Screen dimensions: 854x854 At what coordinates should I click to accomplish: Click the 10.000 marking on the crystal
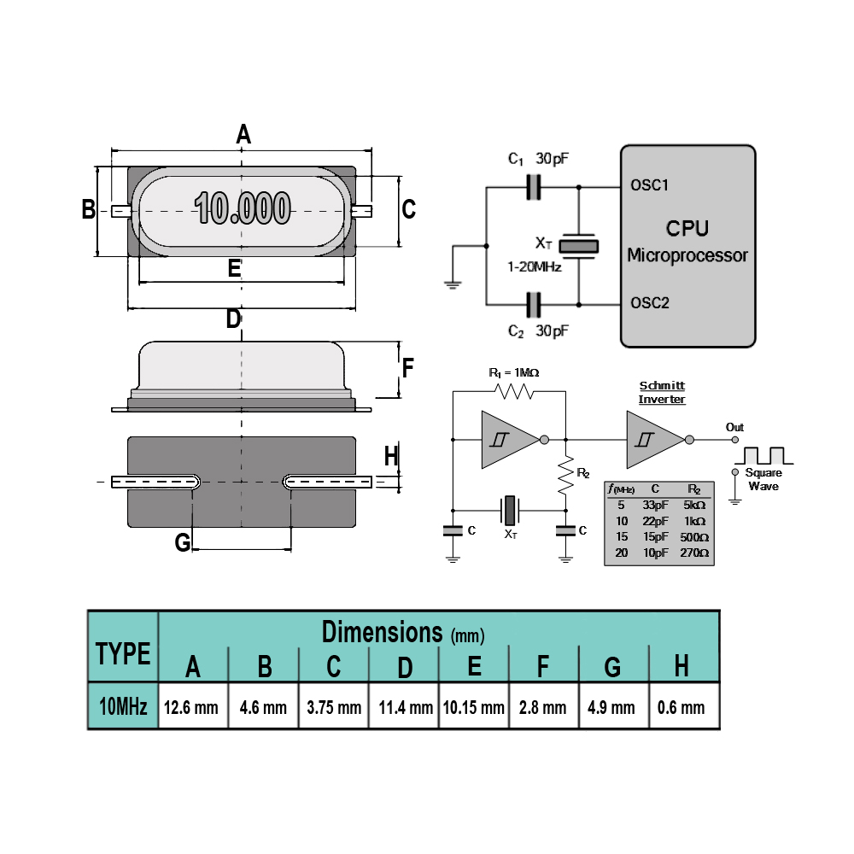click(243, 208)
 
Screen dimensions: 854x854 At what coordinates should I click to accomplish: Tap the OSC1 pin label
click(649, 185)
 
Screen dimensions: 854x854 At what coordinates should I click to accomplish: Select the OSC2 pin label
click(650, 303)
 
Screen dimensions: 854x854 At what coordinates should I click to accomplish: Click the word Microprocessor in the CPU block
click(687, 254)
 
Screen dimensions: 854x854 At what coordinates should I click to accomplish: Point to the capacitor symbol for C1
click(534, 187)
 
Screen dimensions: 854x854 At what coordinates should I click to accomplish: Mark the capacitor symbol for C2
click(534, 305)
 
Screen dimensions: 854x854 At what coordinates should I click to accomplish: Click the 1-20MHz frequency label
click(535, 266)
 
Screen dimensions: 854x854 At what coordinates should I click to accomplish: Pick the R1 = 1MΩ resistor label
click(513, 372)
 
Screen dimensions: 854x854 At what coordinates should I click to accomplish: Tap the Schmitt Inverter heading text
click(662, 392)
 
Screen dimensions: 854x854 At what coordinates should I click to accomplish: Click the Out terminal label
click(734, 427)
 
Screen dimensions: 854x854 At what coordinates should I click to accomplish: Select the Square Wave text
click(763, 479)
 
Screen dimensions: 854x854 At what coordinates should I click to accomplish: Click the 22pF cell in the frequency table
click(655, 521)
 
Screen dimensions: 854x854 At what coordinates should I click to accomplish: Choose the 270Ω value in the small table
click(694, 553)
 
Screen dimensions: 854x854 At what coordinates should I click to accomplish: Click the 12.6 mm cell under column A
click(190, 707)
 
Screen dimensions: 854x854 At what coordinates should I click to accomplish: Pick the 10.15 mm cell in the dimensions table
click(473, 707)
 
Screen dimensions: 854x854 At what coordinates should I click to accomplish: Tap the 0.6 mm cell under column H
click(681, 707)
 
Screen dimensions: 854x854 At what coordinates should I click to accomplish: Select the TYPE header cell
click(123, 653)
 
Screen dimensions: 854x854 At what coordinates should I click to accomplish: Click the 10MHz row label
click(123, 706)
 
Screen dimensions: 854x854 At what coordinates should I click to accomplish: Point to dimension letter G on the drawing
click(183, 542)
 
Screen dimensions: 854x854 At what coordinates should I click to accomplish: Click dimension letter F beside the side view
click(407, 367)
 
